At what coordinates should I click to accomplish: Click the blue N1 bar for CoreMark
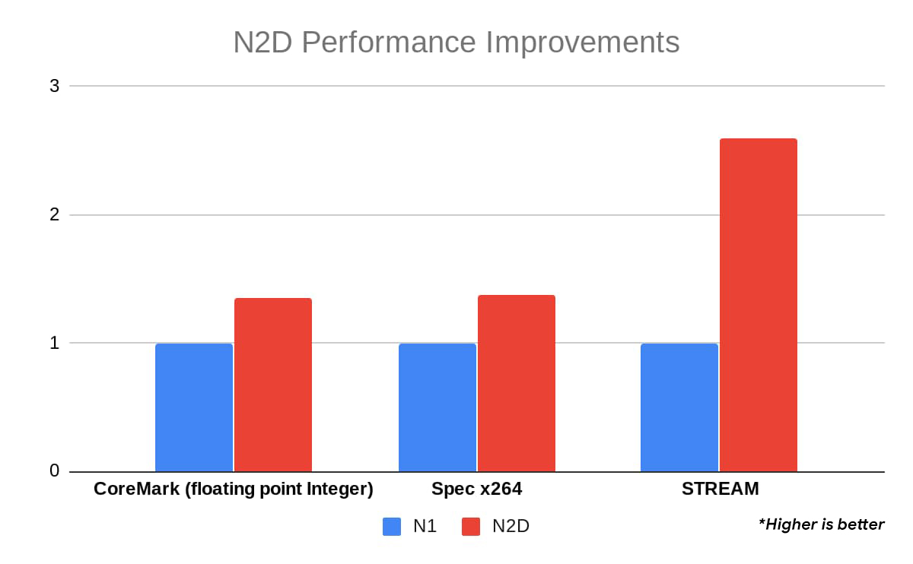(x=194, y=407)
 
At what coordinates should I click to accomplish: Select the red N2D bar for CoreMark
(x=273, y=385)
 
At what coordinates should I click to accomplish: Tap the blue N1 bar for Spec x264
(x=437, y=407)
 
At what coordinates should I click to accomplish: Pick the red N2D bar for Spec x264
(x=517, y=383)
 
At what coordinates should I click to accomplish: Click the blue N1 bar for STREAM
(x=679, y=407)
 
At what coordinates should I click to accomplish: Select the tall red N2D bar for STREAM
(x=759, y=305)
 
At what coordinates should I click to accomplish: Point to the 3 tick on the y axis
(x=55, y=86)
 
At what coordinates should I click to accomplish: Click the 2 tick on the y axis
(x=55, y=215)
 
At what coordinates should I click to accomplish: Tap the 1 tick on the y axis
(x=55, y=343)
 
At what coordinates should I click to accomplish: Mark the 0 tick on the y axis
(x=55, y=471)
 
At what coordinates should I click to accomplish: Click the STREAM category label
(x=720, y=489)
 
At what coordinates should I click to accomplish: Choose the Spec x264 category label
(x=477, y=489)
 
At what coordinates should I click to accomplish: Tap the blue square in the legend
(x=392, y=526)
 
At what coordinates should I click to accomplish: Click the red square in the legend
(x=471, y=526)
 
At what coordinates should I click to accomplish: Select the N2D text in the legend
(x=511, y=526)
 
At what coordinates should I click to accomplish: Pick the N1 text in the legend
(x=423, y=526)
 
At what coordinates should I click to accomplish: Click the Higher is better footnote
(x=821, y=524)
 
